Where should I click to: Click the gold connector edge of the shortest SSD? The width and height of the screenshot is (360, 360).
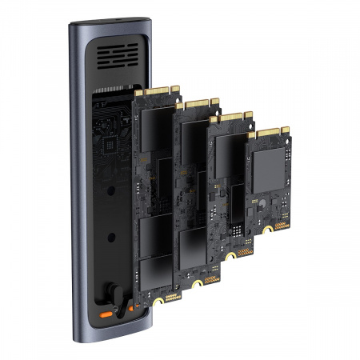click(269, 130)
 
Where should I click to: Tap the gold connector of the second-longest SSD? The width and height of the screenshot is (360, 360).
click(196, 104)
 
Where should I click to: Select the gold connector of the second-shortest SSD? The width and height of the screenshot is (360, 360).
click(232, 118)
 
